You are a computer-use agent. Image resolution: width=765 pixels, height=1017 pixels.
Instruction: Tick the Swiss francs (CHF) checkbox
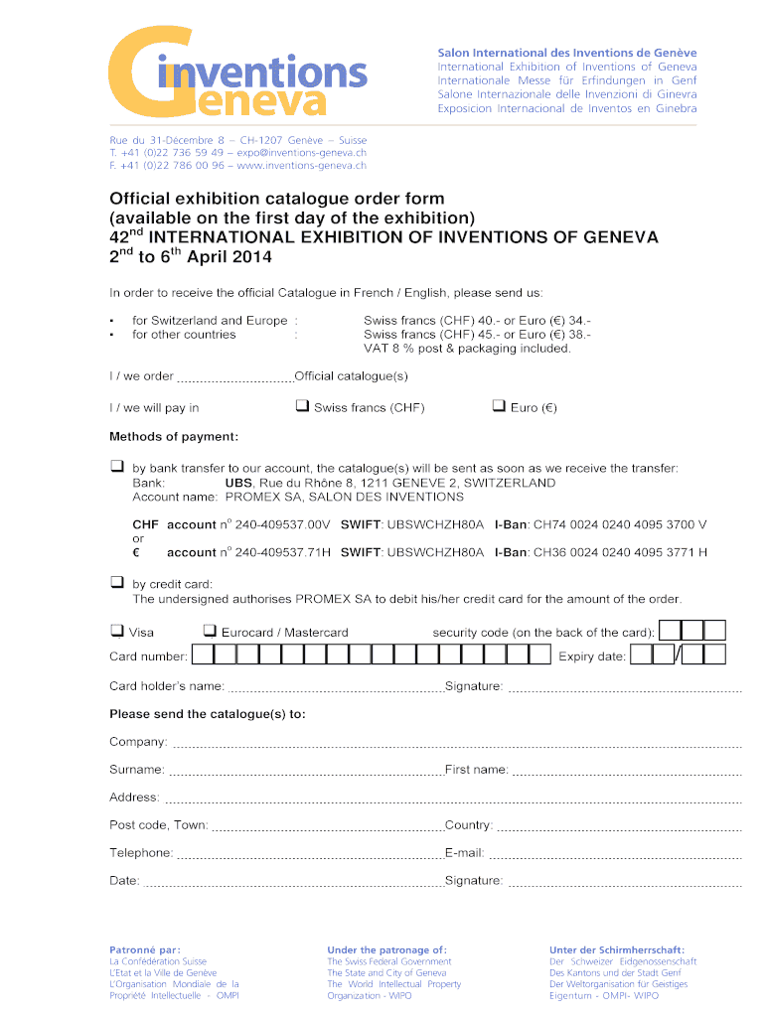pyautogui.click(x=301, y=406)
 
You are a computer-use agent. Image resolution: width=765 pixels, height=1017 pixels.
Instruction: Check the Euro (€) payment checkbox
pyautogui.click(x=499, y=406)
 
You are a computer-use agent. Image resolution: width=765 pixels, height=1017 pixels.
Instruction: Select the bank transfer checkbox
pyautogui.click(x=117, y=467)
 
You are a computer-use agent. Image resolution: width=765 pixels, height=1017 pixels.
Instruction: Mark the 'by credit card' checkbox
pyautogui.click(x=117, y=583)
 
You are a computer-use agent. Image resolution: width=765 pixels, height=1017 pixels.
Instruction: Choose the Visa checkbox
pyautogui.click(x=117, y=631)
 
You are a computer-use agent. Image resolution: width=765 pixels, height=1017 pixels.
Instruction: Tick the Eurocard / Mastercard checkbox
pyautogui.click(x=210, y=631)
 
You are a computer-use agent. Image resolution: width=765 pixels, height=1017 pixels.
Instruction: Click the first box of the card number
pyautogui.click(x=202, y=655)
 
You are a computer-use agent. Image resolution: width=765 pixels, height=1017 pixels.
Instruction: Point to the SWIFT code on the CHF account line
pyautogui.click(x=435, y=524)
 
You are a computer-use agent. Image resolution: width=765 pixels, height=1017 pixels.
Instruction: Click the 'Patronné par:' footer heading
pyautogui.click(x=145, y=949)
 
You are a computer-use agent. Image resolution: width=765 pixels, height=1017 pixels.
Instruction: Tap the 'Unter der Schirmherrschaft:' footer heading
pyautogui.click(x=616, y=949)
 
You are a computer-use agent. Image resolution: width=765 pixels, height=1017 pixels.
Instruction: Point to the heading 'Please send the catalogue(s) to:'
pyautogui.click(x=208, y=714)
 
